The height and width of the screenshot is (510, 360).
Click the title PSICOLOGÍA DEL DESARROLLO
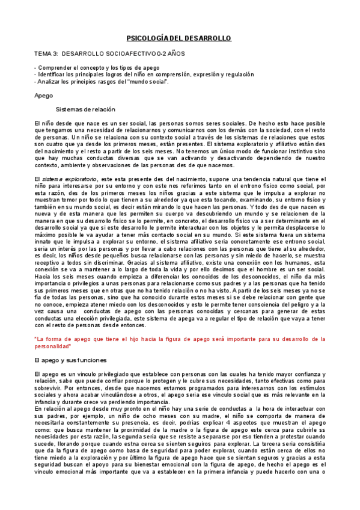pos(180,38)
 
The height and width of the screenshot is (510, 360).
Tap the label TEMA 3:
pos(47,54)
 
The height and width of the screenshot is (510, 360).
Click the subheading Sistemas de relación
pos(90,109)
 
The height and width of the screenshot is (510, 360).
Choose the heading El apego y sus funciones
pos(71,360)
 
